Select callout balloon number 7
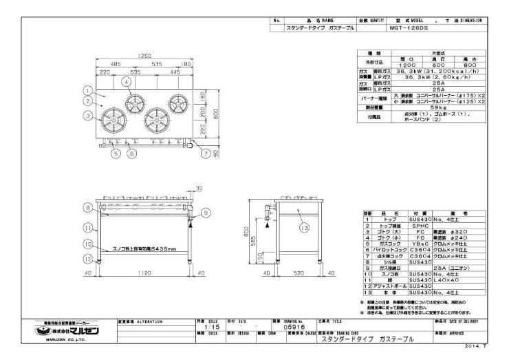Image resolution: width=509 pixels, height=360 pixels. [205, 153]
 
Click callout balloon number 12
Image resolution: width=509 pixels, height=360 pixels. [87, 259]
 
